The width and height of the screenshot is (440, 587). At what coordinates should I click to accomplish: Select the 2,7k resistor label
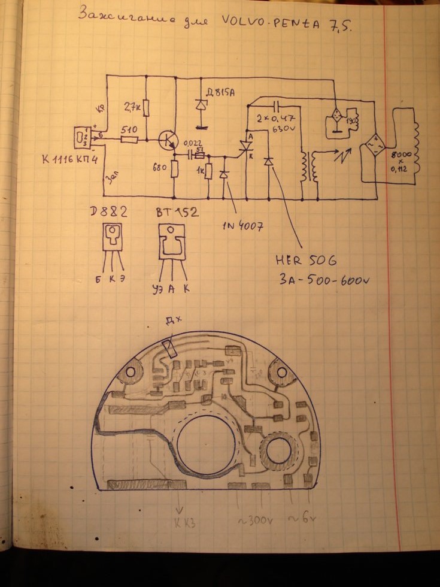[x=132, y=107]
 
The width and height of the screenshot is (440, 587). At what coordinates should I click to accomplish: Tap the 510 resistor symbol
[x=129, y=140]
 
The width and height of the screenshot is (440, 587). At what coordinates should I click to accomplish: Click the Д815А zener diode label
[x=219, y=92]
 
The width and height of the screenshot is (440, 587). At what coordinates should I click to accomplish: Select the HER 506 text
[x=306, y=261]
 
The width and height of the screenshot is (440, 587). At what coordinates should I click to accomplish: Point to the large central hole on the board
[x=206, y=444]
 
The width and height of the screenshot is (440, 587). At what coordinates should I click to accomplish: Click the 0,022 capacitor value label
[x=192, y=144]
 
